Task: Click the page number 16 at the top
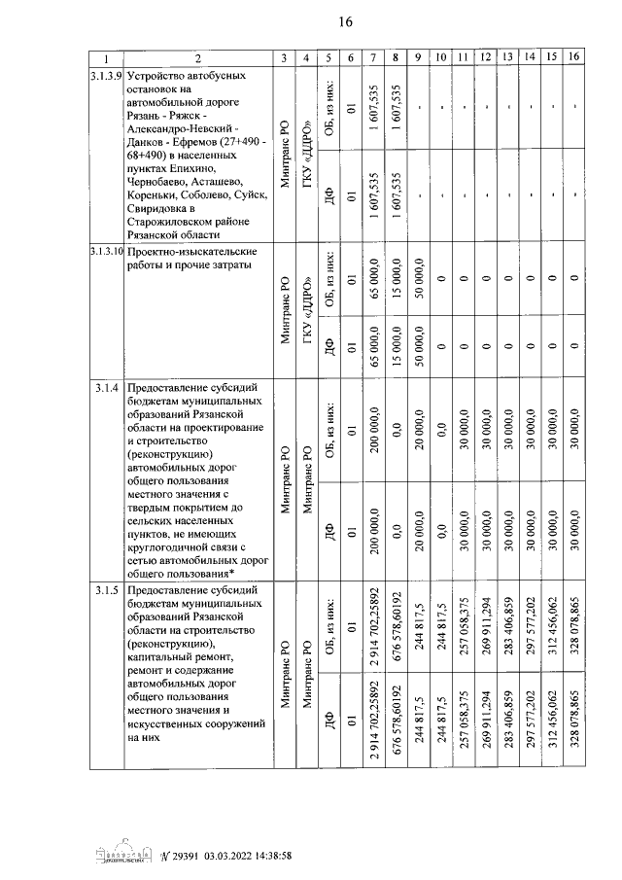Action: (345, 22)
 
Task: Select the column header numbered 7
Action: (373, 58)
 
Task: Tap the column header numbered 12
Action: (484, 58)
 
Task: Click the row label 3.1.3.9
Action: (107, 75)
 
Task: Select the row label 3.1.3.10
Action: (107, 252)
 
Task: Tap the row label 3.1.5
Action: (107, 591)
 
